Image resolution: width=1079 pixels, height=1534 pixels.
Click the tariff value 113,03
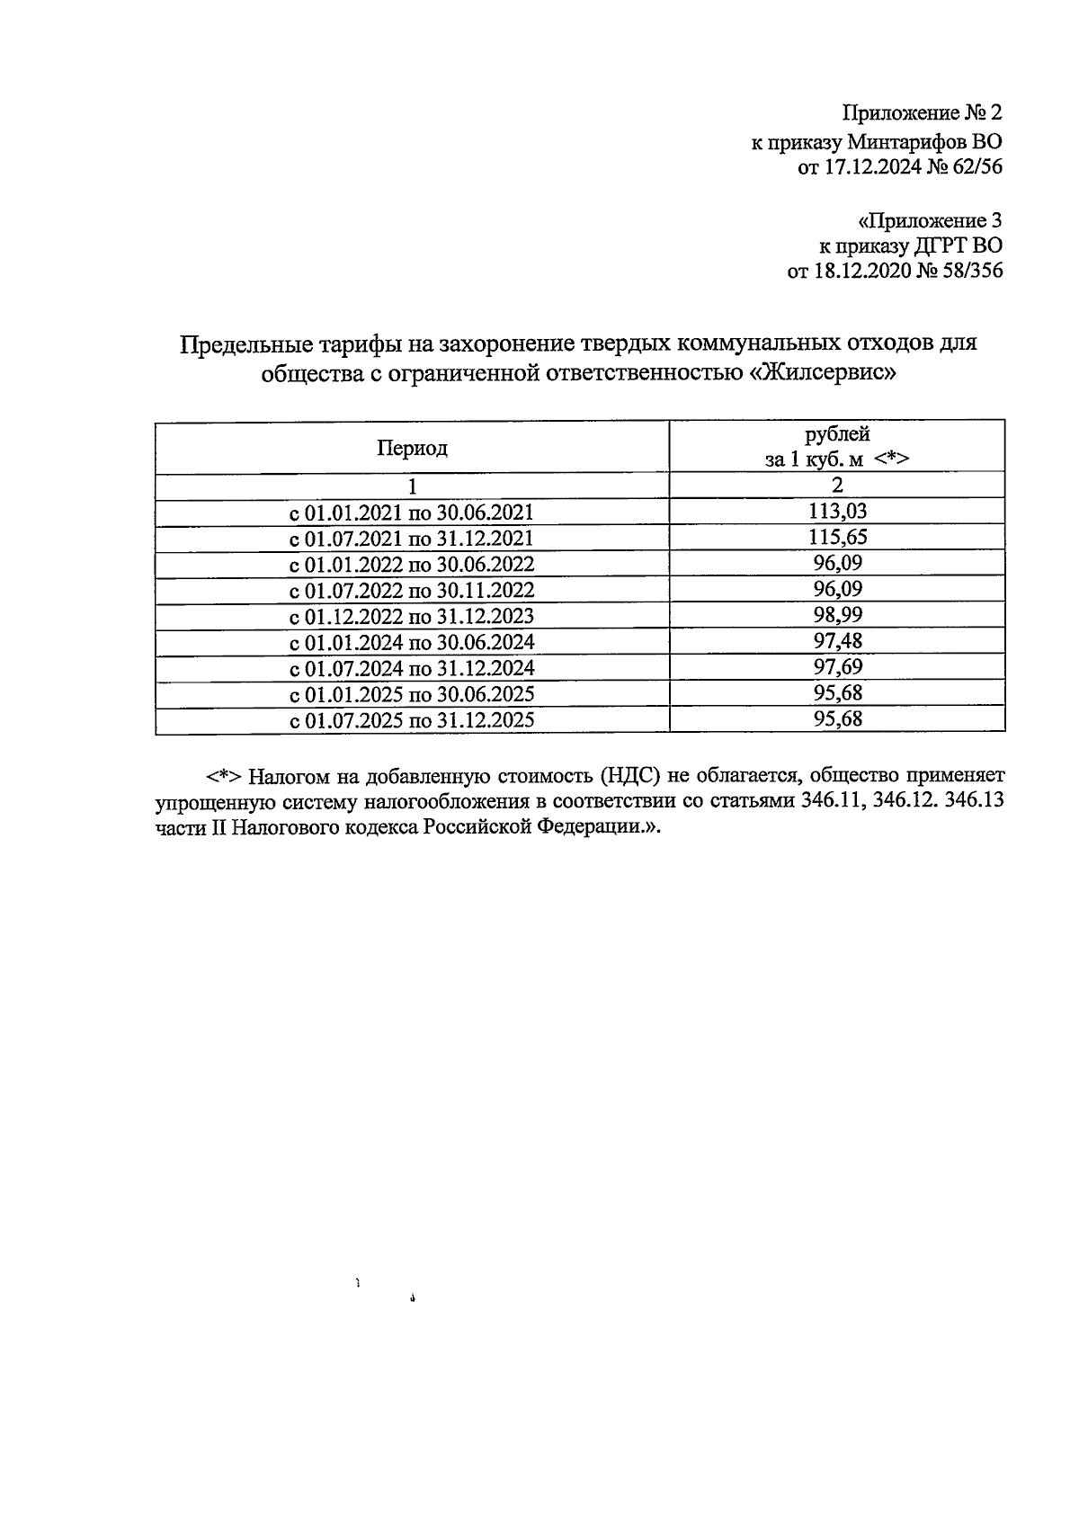pos(837,512)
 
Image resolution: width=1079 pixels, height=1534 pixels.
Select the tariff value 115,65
pos(837,538)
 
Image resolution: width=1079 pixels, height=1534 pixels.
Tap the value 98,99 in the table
pos(837,616)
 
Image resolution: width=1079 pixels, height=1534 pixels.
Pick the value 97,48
pos(837,642)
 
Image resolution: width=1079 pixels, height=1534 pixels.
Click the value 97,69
pos(837,668)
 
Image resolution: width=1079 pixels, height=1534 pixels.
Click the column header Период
pos(412,448)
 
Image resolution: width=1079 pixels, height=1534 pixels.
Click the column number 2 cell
pos(837,486)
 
